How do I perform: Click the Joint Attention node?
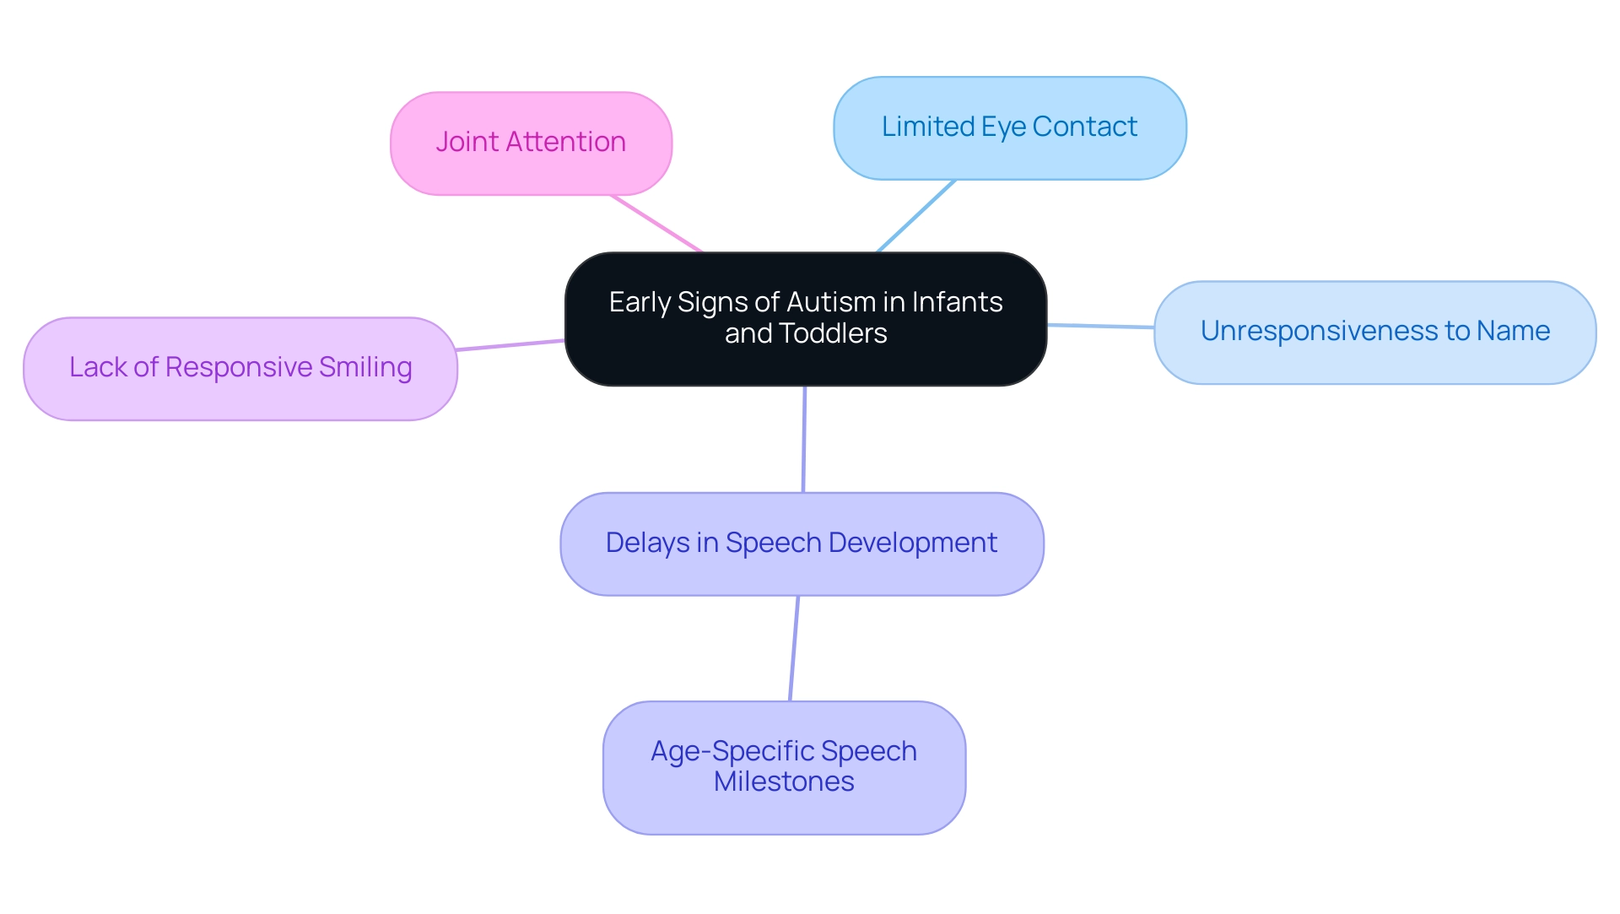531,143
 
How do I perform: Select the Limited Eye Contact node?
1009,128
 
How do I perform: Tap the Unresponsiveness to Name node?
1374,333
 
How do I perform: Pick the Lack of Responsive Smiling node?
240,369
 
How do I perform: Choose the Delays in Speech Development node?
802,544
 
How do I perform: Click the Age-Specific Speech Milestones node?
784,767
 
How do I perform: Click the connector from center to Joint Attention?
656,224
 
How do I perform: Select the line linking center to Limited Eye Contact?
916,216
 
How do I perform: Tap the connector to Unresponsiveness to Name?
1100,326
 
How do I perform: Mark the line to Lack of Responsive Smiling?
510,345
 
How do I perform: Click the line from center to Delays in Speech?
804,439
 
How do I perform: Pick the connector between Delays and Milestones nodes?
794,648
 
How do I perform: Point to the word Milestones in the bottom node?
784,782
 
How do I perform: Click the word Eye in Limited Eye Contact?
1003,127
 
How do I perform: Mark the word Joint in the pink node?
467,142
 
